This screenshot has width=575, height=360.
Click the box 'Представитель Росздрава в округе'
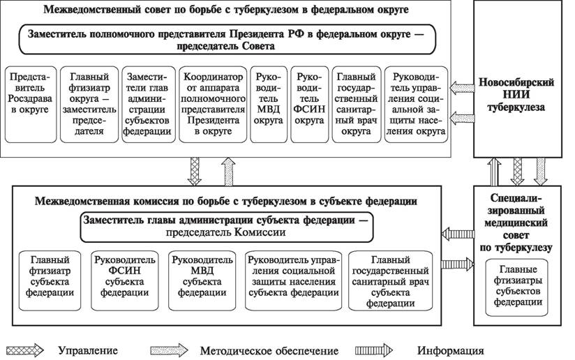tap(31, 105)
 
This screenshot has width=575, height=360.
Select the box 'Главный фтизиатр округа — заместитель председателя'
tap(89, 105)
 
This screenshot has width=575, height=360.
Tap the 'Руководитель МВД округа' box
tap(269, 105)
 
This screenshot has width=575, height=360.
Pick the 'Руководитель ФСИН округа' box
tap(309, 105)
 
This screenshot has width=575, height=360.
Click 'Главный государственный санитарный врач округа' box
tap(357, 105)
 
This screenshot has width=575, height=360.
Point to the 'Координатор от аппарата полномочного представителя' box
tap(213, 105)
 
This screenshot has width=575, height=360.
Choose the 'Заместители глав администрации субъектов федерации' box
tap(149, 105)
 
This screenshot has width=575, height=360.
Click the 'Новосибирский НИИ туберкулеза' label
tap(516, 95)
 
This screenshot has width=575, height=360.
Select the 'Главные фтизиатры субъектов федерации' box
tap(516, 287)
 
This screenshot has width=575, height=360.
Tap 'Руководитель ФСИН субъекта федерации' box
tap(125, 280)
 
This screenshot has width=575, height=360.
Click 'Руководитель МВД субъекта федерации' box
tap(202, 280)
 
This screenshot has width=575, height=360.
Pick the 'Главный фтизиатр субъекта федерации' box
tap(50, 280)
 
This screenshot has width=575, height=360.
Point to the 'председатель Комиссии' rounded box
tap(227, 227)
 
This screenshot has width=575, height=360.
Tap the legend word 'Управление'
tap(88, 350)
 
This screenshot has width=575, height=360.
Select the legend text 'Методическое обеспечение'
tap(269, 351)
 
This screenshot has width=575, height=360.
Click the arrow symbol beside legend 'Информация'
tap(373, 350)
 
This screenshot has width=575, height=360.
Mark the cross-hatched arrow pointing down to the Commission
tap(195, 172)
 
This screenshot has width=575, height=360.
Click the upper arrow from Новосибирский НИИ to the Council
tap(462, 88)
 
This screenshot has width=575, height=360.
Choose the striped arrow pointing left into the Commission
tap(458, 234)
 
